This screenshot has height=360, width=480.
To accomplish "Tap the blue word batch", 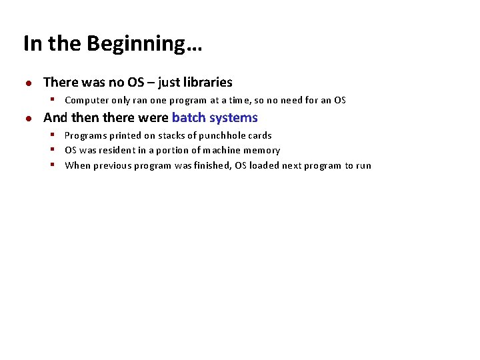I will [x=189, y=118].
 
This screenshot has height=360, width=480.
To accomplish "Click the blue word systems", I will [x=233, y=118].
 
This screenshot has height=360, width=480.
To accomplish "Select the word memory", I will [x=262, y=151].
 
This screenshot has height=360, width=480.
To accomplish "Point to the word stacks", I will [x=172, y=135].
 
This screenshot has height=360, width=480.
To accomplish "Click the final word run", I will [x=363, y=166].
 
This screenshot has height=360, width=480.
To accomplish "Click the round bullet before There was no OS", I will [x=28, y=83].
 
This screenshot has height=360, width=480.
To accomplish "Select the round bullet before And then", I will [x=28, y=119].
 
